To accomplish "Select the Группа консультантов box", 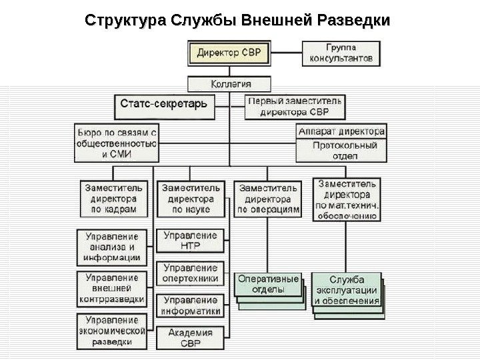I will (341, 53).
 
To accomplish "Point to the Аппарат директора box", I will (341, 131).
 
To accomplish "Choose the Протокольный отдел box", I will (341, 150).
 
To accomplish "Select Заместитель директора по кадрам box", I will (113, 198).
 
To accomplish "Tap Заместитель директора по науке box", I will (191, 198).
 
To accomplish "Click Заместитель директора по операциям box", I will (268, 198).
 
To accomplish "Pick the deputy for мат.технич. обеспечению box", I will (347, 198).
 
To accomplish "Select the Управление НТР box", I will (190, 241).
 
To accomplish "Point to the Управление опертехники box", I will (190, 273).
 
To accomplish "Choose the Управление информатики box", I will (190, 305).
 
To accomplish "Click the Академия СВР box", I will (190, 337).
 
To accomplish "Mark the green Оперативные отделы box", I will (267, 285).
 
